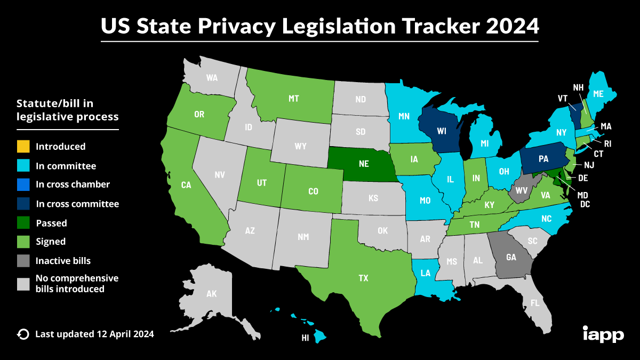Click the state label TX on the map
[x=363, y=278]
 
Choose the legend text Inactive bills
[x=63, y=261]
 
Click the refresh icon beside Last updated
[x=23, y=334]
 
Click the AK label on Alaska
[x=212, y=293]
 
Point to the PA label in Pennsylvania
[x=543, y=158]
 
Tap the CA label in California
[x=186, y=185]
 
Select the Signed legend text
[x=51, y=242]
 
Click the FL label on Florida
[x=535, y=303]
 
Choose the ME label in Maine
[x=598, y=93]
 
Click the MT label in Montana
[x=294, y=98]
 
